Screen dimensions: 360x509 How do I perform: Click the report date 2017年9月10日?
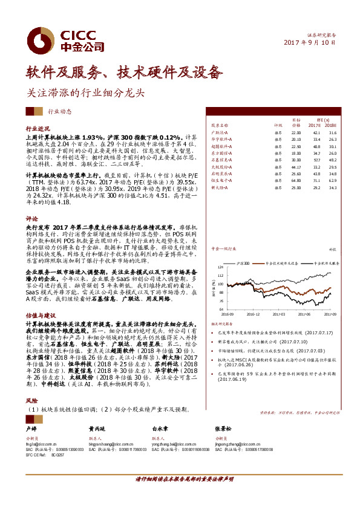(x=310, y=43)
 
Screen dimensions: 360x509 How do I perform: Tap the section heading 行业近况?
(x=38, y=129)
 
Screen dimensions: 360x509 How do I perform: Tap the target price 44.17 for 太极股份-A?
(x=296, y=167)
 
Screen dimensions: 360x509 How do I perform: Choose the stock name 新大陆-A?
(x=219, y=187)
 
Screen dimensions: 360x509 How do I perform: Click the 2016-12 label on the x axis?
(x=254, y=314)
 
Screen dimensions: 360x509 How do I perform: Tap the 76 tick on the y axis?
(x=220, y=300)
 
